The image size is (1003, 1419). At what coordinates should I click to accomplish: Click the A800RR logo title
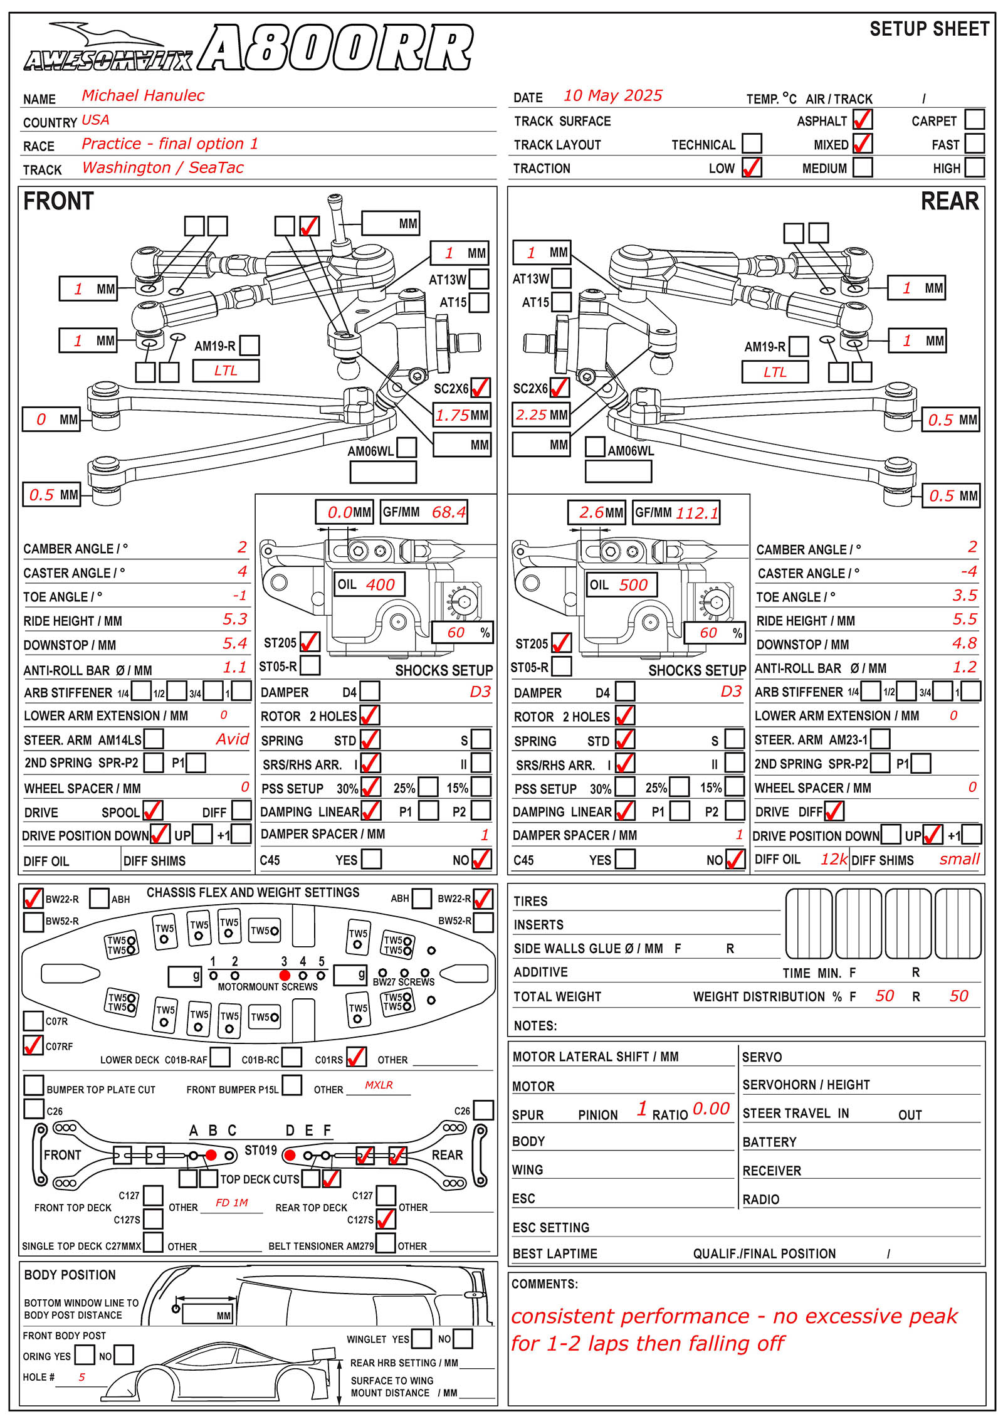[335, 48]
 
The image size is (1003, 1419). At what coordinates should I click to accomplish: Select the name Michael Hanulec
[143, 95]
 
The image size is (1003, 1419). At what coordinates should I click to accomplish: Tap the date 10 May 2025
[612, 95]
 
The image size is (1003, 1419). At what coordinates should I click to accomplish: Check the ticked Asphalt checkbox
[863, 119]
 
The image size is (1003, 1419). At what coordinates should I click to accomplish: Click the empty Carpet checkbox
[975, 119]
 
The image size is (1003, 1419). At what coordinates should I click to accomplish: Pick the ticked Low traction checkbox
[752, 167]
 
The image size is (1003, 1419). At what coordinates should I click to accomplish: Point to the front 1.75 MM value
[453, 415]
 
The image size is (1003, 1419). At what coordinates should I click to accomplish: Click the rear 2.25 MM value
[531, 414]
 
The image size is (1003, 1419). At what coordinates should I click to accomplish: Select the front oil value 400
[381, 585]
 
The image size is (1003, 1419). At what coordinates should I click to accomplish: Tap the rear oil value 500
[633, 585]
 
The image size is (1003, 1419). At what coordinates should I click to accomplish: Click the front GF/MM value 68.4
[449, 512]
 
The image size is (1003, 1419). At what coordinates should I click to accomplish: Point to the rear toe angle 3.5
[965, 595]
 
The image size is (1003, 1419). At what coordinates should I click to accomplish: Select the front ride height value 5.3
[235, 619]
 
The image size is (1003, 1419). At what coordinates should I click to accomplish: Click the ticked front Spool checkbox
[153, 811]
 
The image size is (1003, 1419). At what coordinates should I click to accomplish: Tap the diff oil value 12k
[834, 859]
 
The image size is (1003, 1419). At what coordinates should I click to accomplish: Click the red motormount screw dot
[285, 975]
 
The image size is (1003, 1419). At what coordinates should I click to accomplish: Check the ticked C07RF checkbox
[33, 1045]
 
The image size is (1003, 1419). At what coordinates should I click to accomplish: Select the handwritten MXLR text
[379, 1085]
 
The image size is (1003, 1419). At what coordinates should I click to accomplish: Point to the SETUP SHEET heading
[929, 29]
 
